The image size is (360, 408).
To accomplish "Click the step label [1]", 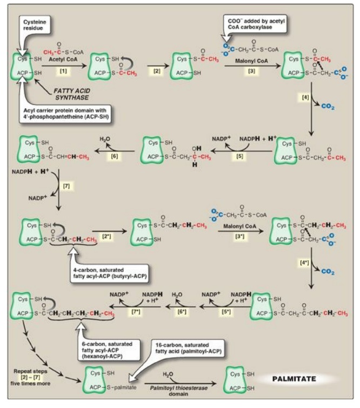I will pyautogui.click(x=63, y=71).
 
